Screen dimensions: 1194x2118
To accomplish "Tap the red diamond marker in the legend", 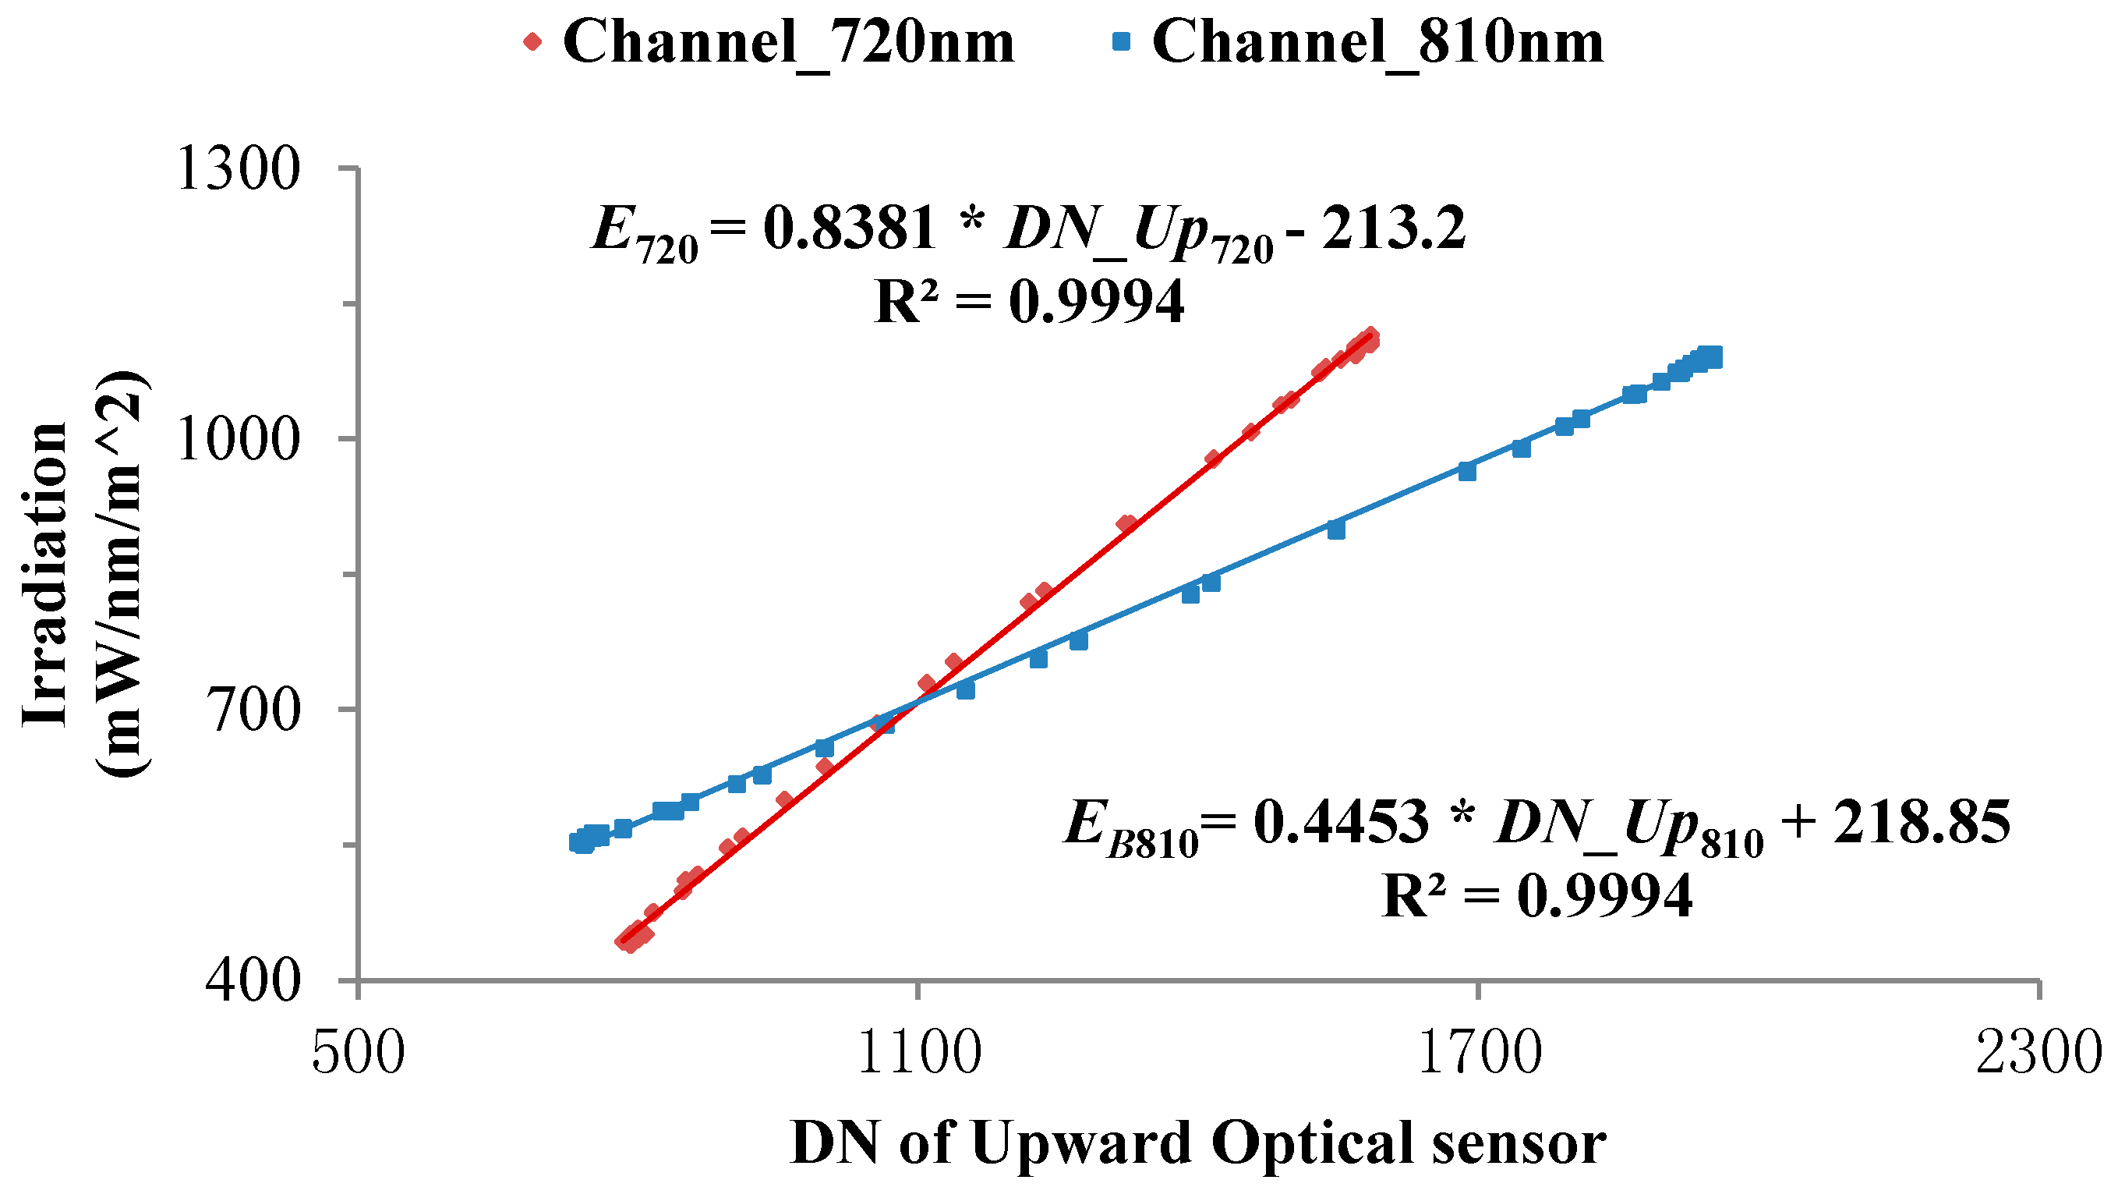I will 532,41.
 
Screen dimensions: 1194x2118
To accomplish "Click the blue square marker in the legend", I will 1122,41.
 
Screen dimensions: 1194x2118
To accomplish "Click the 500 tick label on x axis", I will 359,1054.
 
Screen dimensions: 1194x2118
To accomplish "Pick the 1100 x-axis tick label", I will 919,1054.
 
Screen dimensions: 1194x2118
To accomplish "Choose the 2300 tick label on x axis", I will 2039,1054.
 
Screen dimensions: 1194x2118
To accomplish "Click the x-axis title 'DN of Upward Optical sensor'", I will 1198,1144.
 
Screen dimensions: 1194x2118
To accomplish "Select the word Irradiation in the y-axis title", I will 45,574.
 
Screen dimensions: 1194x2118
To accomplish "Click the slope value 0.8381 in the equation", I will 850,228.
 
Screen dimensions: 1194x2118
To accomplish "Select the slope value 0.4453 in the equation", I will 1340,821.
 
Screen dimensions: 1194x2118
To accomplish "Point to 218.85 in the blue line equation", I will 1921,821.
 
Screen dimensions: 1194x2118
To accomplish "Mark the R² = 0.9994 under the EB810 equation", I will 1536,895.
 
